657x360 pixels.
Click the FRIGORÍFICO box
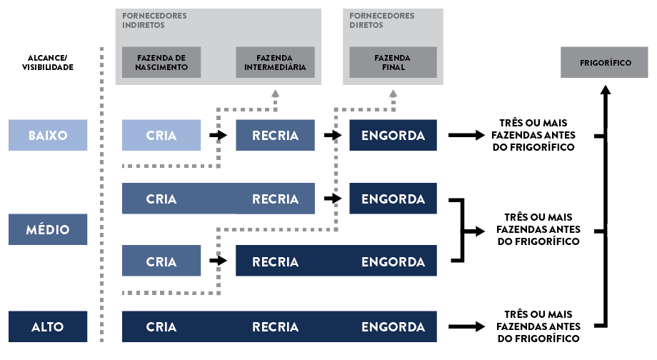(606, 62)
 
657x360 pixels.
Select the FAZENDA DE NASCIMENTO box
(161, 62)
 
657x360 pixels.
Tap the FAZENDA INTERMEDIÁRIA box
(275, 62)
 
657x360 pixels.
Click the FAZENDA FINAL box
(393, 62)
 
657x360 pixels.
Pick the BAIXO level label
(48, 135)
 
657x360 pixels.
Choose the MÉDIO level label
(48, 229)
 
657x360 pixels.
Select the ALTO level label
(48, 326)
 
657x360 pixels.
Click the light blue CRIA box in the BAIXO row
(161, 135)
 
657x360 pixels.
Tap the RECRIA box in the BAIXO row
(275, 135)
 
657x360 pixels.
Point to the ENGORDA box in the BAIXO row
(393, 135)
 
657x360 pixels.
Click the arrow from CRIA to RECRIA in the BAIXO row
(216, 135)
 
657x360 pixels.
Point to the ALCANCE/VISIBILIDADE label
(48, 62)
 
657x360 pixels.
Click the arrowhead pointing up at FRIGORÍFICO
(606, 89)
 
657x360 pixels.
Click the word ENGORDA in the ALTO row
(393, 327)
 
